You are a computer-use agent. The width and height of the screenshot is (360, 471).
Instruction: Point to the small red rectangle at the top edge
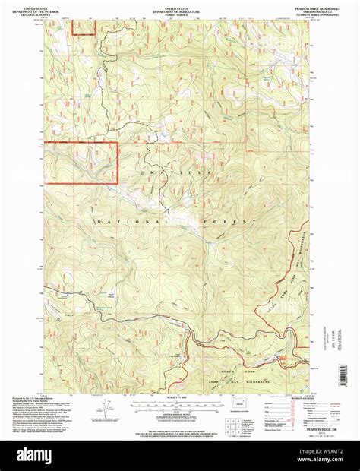84,27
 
